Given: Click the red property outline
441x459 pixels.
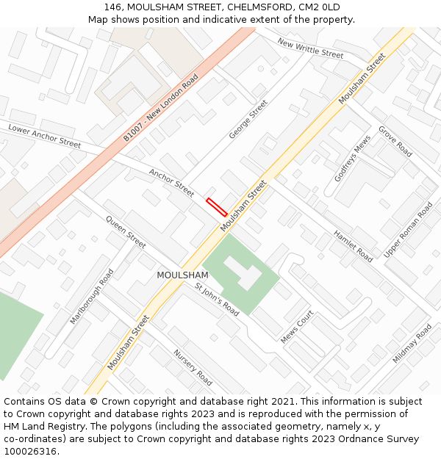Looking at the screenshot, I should point(217,206).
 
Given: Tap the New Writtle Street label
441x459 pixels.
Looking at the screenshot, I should point(311,48).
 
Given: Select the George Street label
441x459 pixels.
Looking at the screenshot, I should point(248,119).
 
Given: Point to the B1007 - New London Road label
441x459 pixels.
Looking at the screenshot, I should point(161,107).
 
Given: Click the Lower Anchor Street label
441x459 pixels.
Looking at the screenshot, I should point(44,136).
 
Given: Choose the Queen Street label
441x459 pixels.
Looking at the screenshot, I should point(126,231).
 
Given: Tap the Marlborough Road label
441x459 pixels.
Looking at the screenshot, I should point(92,297).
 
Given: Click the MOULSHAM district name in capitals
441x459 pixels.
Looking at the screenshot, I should point(182,275).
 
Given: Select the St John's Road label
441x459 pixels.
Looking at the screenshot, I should point(217,299).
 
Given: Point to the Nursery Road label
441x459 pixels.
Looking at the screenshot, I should point(193,367).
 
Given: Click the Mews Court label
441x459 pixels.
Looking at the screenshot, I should point(297,327).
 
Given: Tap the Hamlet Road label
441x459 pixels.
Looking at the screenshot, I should point(353,246).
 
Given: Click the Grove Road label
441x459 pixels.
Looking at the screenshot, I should point(395,141).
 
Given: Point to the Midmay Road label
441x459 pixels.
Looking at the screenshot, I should point(412,343).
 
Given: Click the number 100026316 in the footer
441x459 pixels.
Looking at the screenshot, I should point(30,452).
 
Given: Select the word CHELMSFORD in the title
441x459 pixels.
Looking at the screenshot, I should point(257,7).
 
